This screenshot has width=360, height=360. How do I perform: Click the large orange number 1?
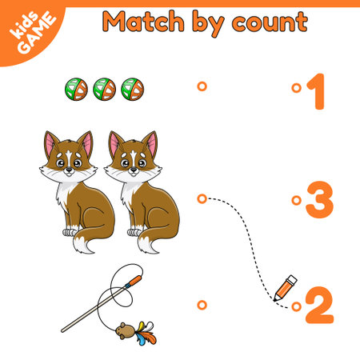coord(318,90)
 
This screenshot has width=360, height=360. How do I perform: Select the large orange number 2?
coord(319,305)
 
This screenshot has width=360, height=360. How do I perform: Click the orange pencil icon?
coord(286,288)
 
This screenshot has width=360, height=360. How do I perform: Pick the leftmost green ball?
coord(76,88)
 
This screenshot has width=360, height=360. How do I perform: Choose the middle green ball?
coord(104,88)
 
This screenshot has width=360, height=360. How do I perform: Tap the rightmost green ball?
coord(132,88)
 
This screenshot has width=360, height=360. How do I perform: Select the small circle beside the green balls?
coord(202,86)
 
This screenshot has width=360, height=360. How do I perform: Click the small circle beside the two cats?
coord(202,198)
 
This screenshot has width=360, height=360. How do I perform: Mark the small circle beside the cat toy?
coord(202,304)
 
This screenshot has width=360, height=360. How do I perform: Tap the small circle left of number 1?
coord(297,87)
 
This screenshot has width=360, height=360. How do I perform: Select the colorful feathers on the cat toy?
coord(145,330)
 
